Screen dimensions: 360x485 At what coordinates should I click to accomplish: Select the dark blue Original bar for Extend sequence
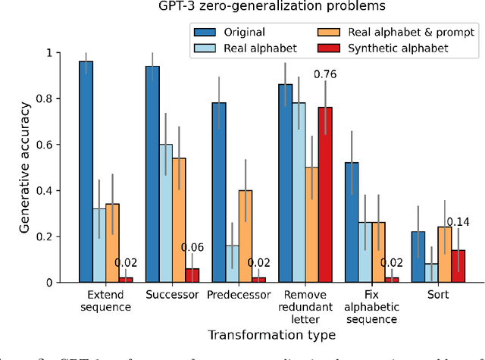[x=86, y=172]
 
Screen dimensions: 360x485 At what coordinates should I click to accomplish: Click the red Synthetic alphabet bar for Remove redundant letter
[x=324, y=195]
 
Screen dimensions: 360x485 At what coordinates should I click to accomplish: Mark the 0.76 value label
[x=325, y=74]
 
